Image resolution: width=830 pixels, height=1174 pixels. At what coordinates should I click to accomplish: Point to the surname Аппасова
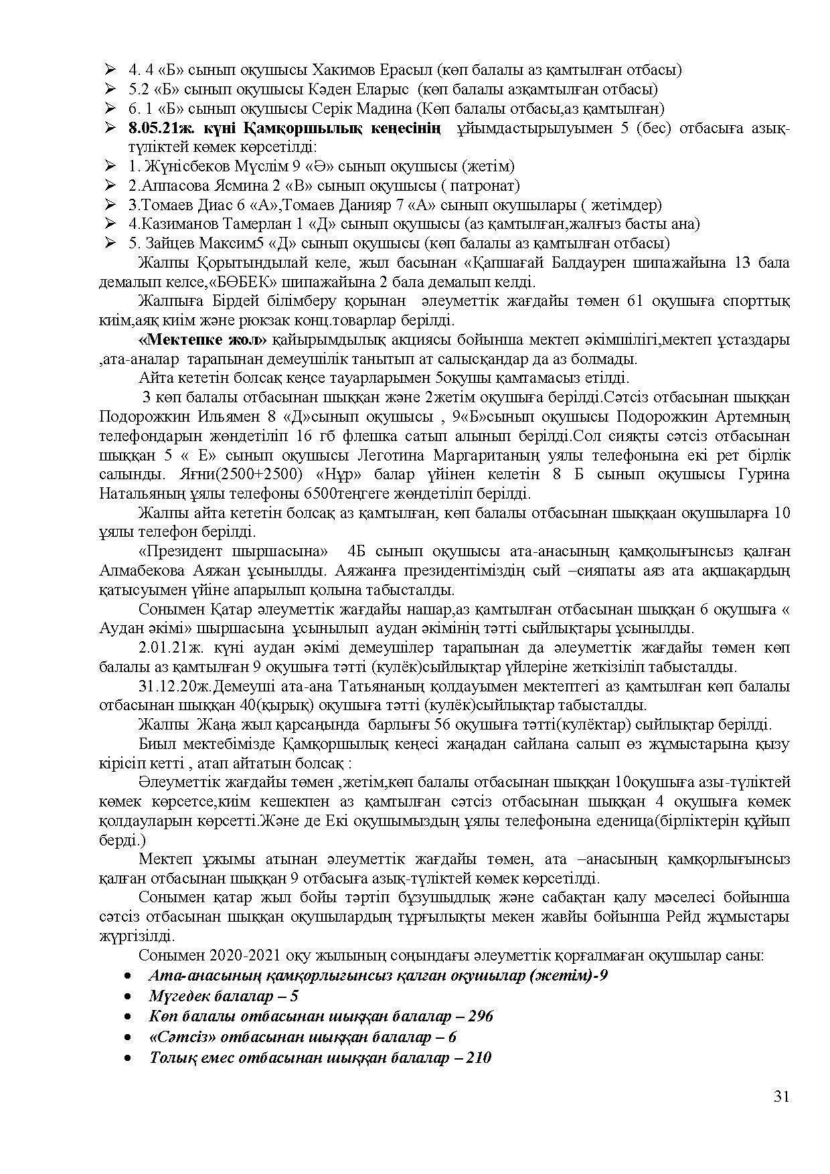173,185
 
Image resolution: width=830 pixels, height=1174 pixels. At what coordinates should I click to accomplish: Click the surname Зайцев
165,243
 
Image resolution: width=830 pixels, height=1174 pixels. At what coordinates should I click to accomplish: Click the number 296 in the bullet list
480,1016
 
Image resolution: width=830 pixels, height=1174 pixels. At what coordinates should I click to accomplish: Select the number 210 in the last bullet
478,1058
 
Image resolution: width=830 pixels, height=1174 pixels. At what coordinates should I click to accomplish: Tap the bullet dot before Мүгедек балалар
128,997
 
